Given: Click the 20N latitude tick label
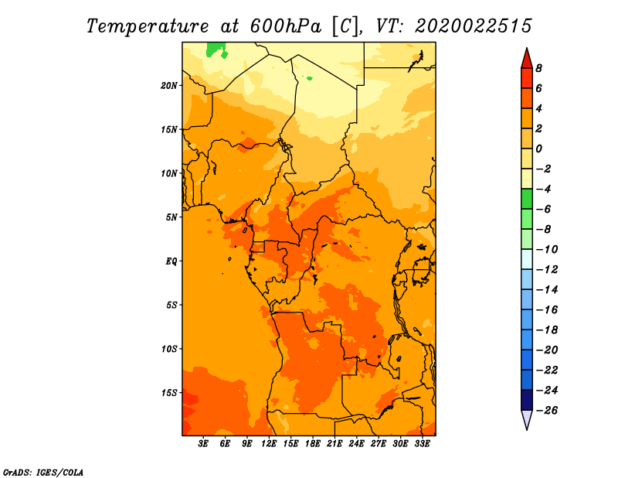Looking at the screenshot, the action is pyautogui.click(x=169, y=86).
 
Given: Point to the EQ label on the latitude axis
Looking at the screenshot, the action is pyautogui.click(x=171, y=261).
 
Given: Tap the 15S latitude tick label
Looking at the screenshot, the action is pyautogui.click(x=169, y=393).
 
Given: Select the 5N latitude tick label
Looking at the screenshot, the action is pyautogui.click(x=171, y=217).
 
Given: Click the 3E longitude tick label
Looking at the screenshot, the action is pyautogui.click(x=203, y=444).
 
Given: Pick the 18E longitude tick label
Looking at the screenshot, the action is pyautogui.click(x=313, y=444).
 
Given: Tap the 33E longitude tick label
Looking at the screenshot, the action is pyautogui.click(x=422, y=444).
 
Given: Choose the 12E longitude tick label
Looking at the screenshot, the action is pyautogui.click(x=269, y=444).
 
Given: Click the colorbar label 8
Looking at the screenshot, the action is pyautogui.click(x=538, y=68).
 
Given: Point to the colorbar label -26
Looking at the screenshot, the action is pyautogui.click(x=547, y=411).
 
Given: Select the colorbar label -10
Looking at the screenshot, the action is pyautogui.click(x=547, y=250).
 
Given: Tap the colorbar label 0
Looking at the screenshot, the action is pyautogui.click(x=538, y=149).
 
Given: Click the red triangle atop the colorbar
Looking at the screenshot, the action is pyautogui.click(x=527, y=60).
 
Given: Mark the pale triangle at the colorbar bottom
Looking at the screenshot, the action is pyautogui.click(x=527, y=418).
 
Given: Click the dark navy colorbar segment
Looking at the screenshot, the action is pyautogui.click(x=527, y=400).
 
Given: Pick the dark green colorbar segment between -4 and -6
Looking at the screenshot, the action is pyautogui.click(x=527, y=199).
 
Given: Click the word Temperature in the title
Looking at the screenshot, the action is pyautogui.click(x=148, y=27).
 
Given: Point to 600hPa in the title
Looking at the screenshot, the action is pyautogui.click(x=286, y=26).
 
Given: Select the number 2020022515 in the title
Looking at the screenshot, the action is pyautogui.click(x=474, y=26).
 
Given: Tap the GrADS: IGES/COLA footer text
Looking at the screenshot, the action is pyautogui.click(x=43, y=473).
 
